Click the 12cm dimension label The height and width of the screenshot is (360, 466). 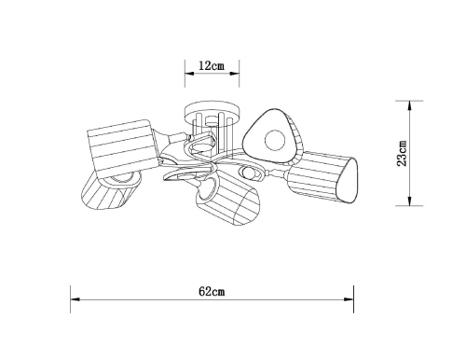click(x=212, y=65)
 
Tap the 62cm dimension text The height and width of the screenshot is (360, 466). click(x=212, y=291)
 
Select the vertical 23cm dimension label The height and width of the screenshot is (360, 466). click(x=402, y=153)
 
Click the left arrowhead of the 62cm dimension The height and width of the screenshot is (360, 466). click(x=75, y=299)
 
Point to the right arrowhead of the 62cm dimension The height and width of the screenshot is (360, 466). click(x=349, y=299)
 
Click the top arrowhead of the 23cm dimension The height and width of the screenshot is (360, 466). click(x=409, y=105)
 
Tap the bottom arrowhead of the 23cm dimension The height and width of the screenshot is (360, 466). click(x=409, y=201)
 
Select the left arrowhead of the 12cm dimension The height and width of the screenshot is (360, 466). click(x=189, y=74)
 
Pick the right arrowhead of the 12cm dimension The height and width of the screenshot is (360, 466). click(x=235, y=74)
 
